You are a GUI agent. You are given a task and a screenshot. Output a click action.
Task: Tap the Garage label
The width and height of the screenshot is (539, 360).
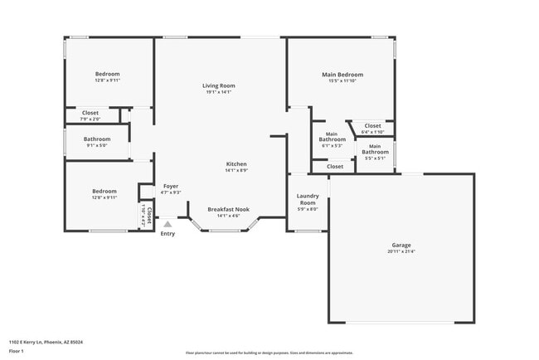401,245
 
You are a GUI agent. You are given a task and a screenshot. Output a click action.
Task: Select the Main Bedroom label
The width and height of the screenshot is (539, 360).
342,75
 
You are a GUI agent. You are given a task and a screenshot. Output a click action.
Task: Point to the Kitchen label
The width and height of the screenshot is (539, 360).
236,163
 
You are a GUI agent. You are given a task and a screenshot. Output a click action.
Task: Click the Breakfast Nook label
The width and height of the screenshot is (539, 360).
228,209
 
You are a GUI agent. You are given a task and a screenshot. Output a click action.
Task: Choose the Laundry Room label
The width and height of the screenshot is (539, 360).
308,199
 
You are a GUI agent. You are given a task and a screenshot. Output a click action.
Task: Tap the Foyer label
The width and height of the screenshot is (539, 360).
171,186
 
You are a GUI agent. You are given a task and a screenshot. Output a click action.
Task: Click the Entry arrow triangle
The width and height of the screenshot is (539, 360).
168,224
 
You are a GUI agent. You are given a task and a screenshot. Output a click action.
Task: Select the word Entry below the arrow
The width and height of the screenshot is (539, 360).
168,233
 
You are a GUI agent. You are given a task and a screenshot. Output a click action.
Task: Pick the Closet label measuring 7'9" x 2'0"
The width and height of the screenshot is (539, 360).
90,112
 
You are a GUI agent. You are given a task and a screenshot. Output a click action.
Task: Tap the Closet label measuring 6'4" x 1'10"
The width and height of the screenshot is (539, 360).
373,125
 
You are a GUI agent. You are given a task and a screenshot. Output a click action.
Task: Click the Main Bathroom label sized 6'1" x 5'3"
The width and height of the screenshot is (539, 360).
333,137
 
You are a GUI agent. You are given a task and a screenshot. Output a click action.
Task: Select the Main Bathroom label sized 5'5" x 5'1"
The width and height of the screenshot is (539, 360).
375,149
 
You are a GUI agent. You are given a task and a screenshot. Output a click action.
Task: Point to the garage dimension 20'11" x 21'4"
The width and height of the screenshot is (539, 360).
401,251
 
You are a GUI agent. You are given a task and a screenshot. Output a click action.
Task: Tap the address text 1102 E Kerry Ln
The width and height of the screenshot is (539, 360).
46,342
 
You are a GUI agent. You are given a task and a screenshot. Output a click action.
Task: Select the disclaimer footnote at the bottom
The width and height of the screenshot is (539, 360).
269,353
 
